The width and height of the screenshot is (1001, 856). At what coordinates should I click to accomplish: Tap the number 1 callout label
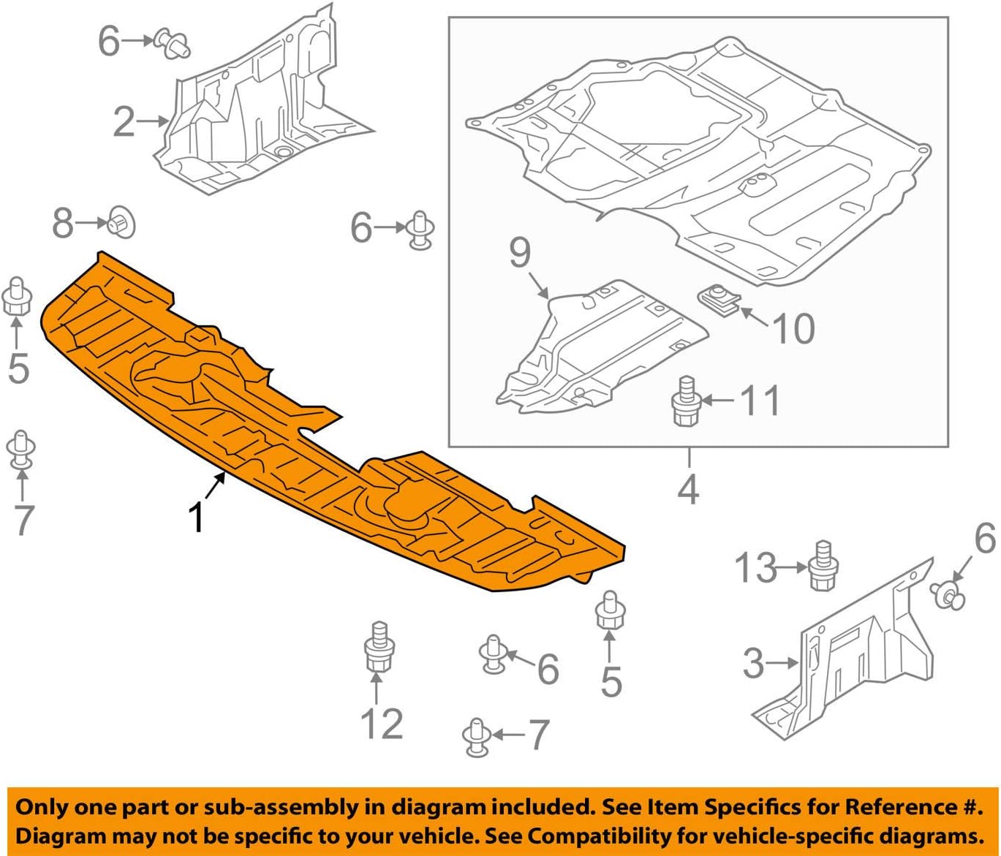coord(196,518)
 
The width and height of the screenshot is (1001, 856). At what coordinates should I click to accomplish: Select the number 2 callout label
coord(124,121)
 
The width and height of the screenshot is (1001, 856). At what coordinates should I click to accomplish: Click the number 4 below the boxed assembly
coord(688,488)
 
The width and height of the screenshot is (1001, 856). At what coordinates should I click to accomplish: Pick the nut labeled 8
coord(121,222)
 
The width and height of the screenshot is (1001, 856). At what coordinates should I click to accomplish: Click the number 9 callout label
coord(520,253)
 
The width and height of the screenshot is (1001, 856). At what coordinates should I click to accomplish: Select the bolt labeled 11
coord(685,402)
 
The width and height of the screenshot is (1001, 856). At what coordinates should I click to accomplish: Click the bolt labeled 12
coord(378,647)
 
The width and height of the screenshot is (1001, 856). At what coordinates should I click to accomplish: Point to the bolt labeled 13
coord(823,566)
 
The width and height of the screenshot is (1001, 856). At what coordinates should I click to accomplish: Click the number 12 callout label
coord(382,724)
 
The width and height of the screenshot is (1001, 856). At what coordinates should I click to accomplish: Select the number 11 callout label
coord(760,401)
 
